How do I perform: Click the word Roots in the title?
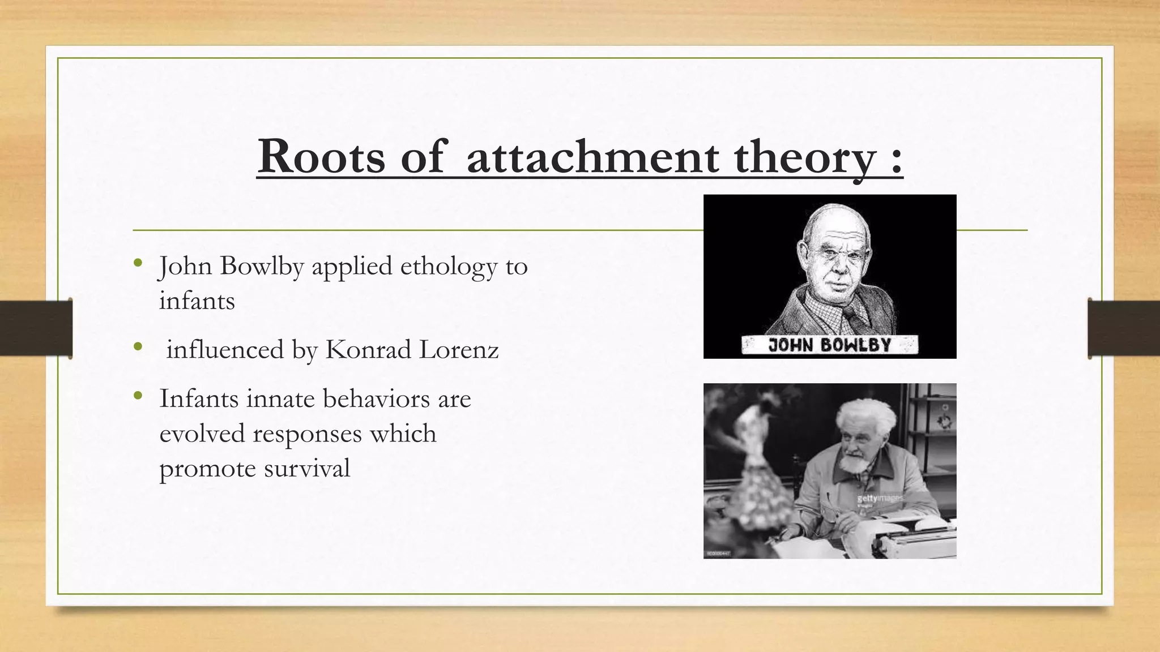coord(321,157)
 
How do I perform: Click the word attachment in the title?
coord(592,157)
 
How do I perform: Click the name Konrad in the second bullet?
coord(368,350)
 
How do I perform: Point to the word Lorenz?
coord(459,350)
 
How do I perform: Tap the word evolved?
coord(202,434)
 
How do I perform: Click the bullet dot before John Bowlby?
coord(138,263)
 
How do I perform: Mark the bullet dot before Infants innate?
coord(138,396)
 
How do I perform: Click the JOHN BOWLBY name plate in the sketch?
coord(829,345)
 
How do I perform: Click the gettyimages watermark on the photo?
coord(880,498)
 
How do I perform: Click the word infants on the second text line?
coord(197,301)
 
